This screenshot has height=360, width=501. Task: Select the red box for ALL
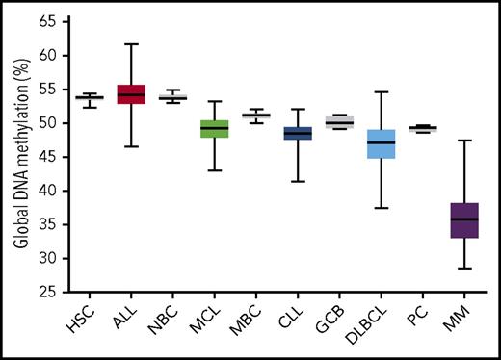(130, 93)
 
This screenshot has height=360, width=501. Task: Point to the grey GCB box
(338, 121)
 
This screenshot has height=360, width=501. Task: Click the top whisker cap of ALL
(130, 44)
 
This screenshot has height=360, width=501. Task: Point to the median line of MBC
(255, 116)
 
